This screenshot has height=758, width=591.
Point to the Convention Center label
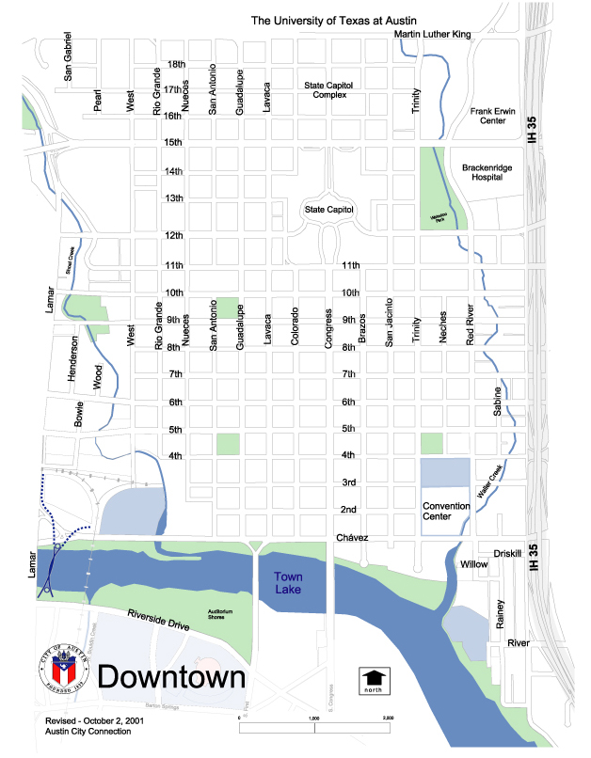point(446,511)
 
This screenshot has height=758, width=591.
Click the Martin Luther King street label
point(444,35)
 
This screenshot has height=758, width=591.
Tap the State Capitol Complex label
point(328,89)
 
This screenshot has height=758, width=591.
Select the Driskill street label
point(505,554)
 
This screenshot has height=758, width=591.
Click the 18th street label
point(175,65)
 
